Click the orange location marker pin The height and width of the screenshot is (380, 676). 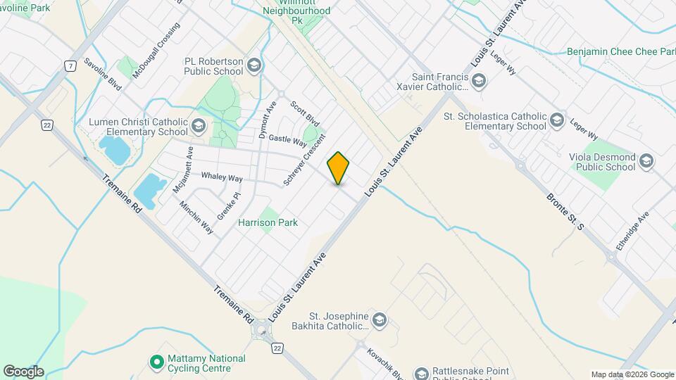[339, 168]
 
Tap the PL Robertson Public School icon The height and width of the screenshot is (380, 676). [254, 66]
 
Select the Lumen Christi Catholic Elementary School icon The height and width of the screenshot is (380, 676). [198, 127]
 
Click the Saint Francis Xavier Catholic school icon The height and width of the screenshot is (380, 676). [479, 82]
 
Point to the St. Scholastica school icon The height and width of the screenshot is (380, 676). [558, 121]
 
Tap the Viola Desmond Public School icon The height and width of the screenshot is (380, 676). [646, 162]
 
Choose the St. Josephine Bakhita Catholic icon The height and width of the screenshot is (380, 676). [380, 322]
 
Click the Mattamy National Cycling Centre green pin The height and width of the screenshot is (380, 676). [156, 363]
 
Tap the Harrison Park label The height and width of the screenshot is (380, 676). [268, 222]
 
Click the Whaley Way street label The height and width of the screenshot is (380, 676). [222, 177]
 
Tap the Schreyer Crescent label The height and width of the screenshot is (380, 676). [304, 160]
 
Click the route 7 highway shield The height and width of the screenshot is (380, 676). [69, 66]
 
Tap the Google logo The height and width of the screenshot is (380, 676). [23, 371]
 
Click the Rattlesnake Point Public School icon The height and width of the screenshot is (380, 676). [422, 373]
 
